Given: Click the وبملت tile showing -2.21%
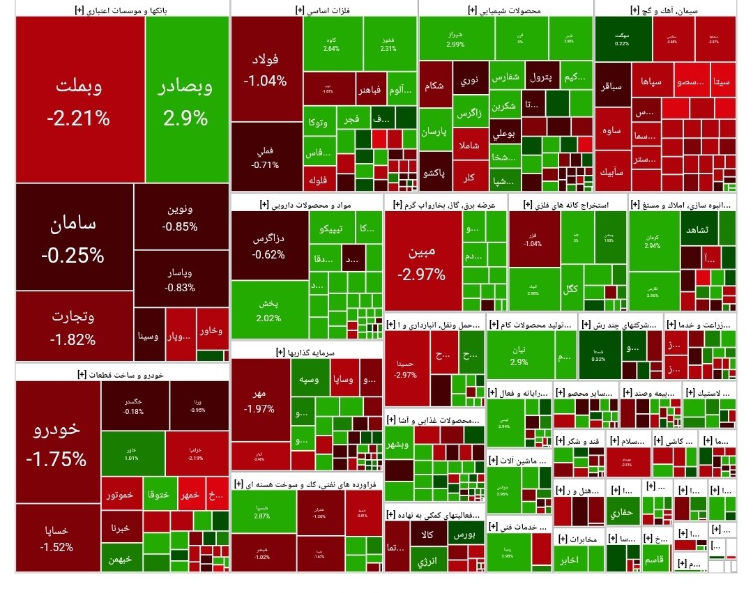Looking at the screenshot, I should pos(79,101).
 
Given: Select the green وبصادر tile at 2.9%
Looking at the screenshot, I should pos(186,101).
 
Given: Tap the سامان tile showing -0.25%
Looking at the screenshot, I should pos(73,237).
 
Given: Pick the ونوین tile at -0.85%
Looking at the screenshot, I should pos(180,217).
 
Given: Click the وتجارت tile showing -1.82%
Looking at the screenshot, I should pos(73,328).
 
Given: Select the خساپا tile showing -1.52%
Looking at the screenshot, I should pos(57,538).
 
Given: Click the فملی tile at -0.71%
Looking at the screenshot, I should pos(266,157).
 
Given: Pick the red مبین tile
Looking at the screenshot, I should pos(422,261).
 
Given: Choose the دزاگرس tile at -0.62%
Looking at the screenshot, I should pos(269,245).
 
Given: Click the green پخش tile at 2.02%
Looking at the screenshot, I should pos(269,310).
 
